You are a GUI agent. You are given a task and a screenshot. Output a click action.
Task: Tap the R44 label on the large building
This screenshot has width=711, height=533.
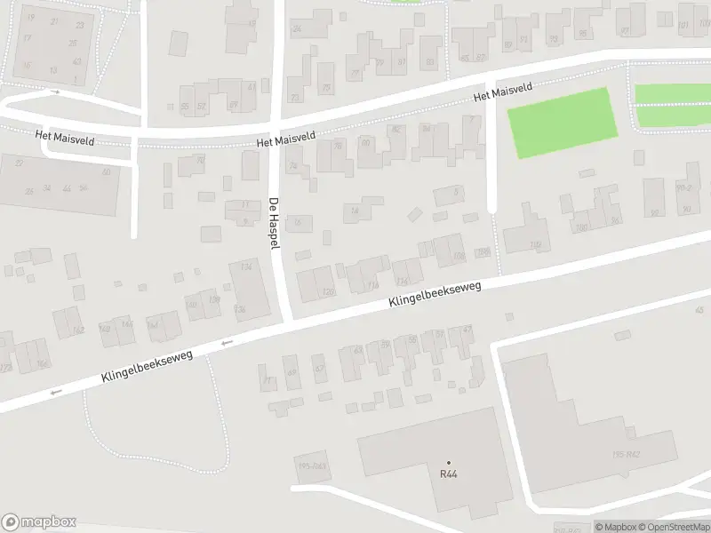(448, 474)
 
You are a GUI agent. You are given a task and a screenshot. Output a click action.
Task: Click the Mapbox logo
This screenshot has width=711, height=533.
(38, 522)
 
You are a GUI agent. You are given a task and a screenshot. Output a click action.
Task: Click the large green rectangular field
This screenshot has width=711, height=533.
(562, 123)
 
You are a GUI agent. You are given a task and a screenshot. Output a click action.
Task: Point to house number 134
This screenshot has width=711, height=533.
(246, 266)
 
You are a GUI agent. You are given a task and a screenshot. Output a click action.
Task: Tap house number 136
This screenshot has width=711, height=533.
(240, 308)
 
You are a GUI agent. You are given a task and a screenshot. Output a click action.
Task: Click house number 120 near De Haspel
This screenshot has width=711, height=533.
(330, 291)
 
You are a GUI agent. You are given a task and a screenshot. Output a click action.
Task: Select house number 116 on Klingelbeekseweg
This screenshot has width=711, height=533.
(372, 286)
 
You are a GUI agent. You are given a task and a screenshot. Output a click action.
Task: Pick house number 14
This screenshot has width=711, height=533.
(355, 211)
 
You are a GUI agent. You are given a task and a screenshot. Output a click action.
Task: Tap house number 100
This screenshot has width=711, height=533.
(582, 228)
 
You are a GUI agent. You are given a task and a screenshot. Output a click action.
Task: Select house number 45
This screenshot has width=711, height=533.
(700, 309)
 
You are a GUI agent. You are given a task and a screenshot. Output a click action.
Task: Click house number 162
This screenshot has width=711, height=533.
(78, 330)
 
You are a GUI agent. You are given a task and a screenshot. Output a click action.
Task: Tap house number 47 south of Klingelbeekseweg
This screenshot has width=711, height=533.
(467, 330)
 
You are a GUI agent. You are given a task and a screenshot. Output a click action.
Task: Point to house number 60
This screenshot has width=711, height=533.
(365, 142)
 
